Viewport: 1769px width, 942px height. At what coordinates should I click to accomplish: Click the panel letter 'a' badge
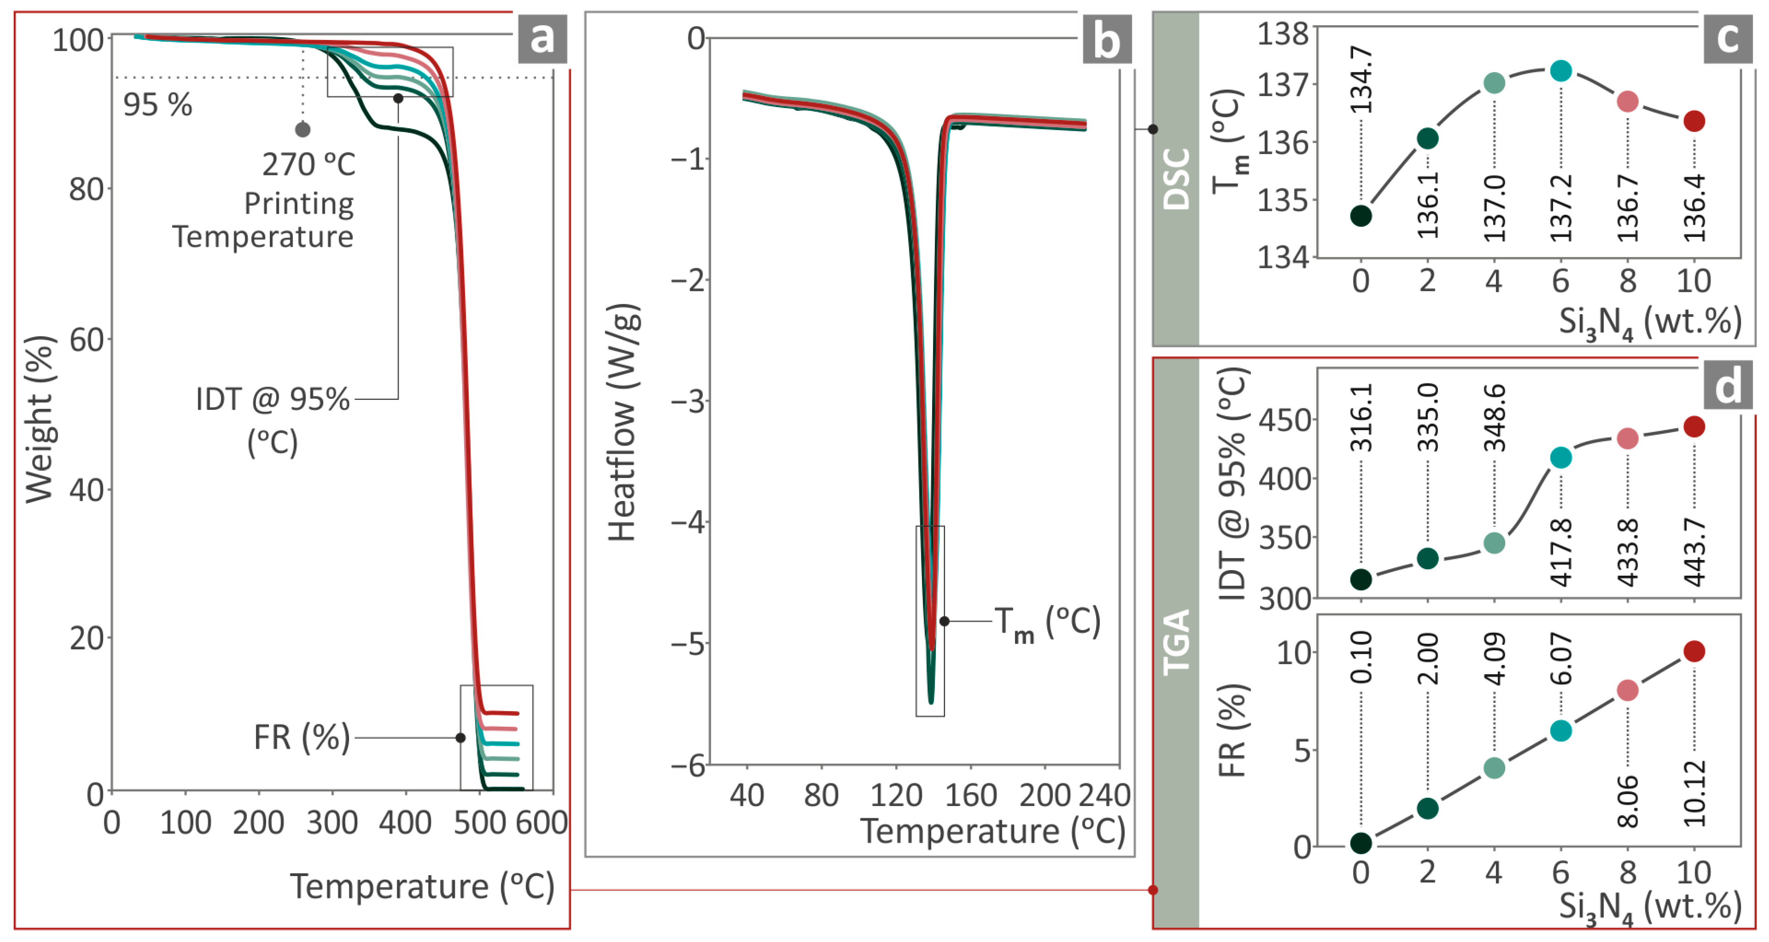tap(542, 38)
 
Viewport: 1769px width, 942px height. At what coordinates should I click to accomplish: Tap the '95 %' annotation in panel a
tap(157, 105)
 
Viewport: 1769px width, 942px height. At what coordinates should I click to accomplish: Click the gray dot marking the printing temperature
tap(303, 129)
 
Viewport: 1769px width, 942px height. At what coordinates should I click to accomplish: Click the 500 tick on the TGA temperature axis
tap(479, 822)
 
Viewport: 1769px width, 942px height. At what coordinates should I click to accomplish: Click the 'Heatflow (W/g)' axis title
tap(623, 422)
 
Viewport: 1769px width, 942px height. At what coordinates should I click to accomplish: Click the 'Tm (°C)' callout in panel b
tap(1047, 623)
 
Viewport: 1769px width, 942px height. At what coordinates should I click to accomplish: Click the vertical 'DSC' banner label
tap(1176, 179)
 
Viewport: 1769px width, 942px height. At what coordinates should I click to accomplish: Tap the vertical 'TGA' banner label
tap(1176, 642)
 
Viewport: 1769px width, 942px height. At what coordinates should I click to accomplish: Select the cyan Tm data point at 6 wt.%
tap(1561, 71)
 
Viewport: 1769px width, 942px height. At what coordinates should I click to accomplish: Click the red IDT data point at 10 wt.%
tap(1694, 427)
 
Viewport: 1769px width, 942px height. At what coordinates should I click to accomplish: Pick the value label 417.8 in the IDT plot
tap(1561, 553)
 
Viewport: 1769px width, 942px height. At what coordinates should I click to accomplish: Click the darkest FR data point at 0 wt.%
tap(1361, 843)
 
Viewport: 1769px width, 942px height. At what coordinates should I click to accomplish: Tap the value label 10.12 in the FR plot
tap(1694, 793)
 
